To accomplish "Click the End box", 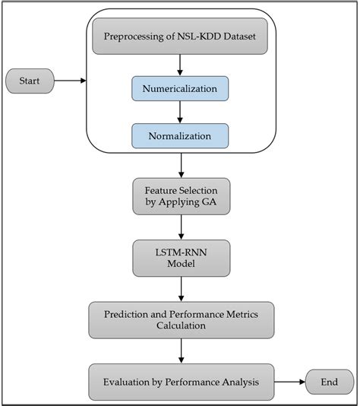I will [329, 382].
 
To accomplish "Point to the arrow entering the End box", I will [289, 382].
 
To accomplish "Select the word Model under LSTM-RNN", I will [182, 265].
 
